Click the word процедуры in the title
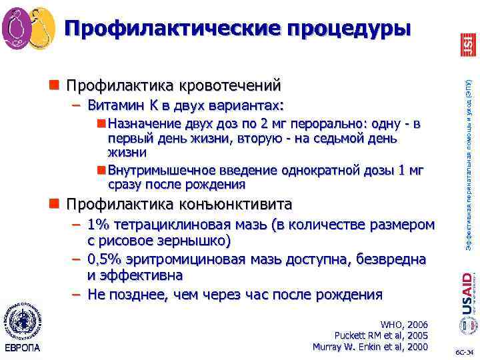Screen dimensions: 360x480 coord(349,29)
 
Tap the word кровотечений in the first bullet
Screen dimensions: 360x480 coord(229,85)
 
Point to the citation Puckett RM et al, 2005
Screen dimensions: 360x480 coord(380,335)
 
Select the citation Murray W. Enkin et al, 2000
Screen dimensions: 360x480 coord(370,346)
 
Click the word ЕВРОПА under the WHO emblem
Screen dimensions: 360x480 coord(21,348)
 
